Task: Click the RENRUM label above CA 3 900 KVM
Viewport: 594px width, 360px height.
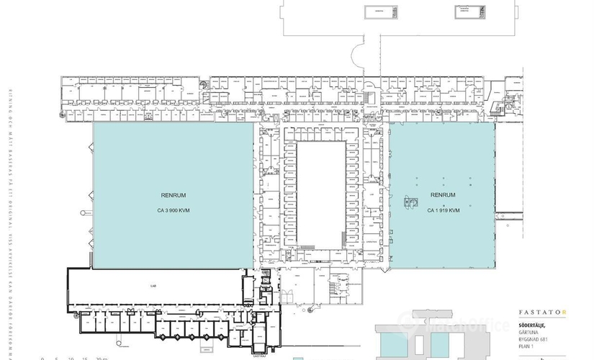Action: (171, 196)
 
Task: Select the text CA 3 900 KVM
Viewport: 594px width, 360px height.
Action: (171, 211)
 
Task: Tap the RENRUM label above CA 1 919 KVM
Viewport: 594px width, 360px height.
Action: (442, 195)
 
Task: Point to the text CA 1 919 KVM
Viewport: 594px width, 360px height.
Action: (442, 210)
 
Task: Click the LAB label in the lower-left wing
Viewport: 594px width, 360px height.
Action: (153, 286)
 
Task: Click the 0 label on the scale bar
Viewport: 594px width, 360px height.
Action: (42, 358)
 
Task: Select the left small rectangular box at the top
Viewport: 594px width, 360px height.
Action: (379, 12)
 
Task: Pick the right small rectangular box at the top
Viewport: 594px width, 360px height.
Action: (469, 12)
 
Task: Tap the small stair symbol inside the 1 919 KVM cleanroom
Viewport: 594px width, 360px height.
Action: (410, 202)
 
